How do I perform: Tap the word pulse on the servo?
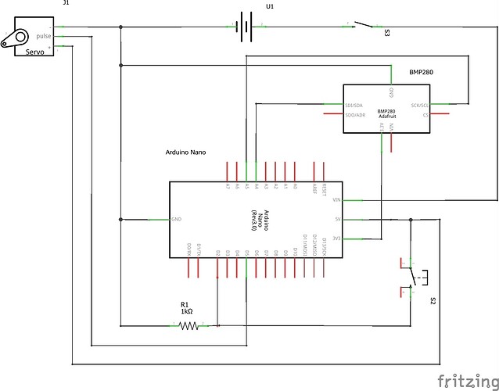click(43, 36)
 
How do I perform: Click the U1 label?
click(271, 6)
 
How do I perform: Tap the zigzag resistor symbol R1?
click(188, 325)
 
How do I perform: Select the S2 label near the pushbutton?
click(432, 300)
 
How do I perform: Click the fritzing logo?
click(466, 381)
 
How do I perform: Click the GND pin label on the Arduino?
click(177, 219)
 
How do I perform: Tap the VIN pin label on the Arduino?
click(337, 200)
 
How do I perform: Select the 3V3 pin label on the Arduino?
click(337, 239)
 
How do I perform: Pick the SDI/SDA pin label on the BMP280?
click(354, 105)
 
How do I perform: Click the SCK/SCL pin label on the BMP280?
click(419, 105)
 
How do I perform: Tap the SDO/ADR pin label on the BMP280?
click(354, 115)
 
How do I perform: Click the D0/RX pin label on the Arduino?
click(188, 251)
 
